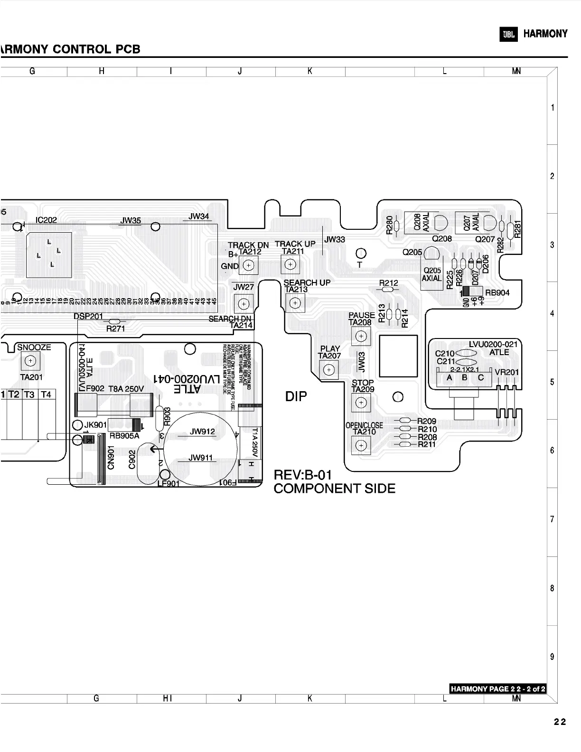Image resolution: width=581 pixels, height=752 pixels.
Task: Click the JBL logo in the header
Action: tap(508, 34)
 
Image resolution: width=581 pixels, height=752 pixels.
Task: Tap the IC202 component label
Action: tap(46, 220)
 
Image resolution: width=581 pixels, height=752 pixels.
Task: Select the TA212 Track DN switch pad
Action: tap(248, 265)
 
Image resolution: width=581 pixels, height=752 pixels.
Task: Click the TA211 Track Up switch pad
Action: tap(290, 264)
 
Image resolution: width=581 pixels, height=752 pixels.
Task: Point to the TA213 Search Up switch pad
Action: tap(295, 302)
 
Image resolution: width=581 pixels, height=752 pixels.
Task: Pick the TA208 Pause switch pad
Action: tap(361, 336)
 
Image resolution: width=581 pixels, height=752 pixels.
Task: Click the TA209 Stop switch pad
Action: tap(361, 403)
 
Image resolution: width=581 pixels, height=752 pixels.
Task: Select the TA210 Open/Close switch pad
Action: tap(361, 445)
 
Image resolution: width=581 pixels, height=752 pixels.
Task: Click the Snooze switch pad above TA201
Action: tap(30, 361)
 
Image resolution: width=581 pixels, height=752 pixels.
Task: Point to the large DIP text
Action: tap(296, 396)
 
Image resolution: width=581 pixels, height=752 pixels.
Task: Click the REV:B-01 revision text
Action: tap(303, 475)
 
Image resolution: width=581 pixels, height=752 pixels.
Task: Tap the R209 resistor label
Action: tap(427, 421)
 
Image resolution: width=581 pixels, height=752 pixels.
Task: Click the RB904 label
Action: tap(497, 293)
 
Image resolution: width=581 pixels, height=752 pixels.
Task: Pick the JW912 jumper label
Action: tap(202, 432)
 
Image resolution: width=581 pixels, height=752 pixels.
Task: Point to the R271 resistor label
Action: tap(115, 329)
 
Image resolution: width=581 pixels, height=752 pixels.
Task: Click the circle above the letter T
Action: tap(361, 253)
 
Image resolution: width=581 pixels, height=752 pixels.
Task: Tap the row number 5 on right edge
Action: tap(552, 382)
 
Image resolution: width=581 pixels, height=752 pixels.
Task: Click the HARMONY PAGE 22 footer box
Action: tap(497, 689)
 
